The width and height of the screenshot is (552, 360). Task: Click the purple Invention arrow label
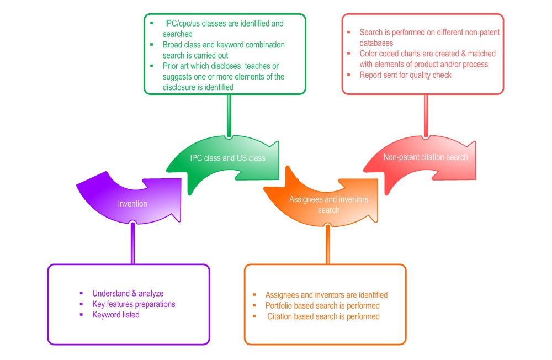[x=132, y=204]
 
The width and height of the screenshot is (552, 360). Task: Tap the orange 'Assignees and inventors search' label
[x=328, y=204]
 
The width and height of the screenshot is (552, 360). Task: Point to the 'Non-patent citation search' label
[x=426, y=157]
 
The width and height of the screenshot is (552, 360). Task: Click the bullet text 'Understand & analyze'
[x=128, y=293]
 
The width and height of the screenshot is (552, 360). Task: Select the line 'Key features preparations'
[x=134, y=304]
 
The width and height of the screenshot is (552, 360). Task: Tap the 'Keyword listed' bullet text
[x=116, y=315]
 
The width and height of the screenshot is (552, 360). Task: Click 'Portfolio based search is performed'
[x=322, y=305]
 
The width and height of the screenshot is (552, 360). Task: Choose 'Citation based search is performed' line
[x=323, y=316]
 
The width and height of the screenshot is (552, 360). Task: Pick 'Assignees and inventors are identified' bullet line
[x=326, y=295]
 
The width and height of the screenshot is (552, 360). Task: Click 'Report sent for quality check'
[x=405, y=75]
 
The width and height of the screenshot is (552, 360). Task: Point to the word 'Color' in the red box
[x=369, y=54]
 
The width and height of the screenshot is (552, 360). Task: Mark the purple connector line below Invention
[x=132, y=243]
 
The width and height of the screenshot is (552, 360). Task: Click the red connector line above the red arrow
[x=426, y=115]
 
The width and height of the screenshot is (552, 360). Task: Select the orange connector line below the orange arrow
[x=328, y=244]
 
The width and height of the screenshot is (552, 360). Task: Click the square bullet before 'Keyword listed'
[x=81, y=315]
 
